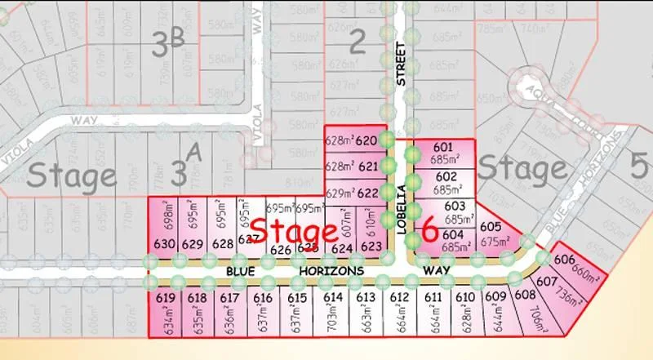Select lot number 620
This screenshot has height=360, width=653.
pyautogui.click(x=366, y=141)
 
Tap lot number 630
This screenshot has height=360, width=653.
pyautogui.click(x=164, y=244)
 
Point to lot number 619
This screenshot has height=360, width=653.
pyautogui.click(x=163, y=297)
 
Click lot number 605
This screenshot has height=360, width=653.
pyautogui.click(x=491, y=227)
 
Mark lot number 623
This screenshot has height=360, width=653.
pyautogui.click(x=371, y=246)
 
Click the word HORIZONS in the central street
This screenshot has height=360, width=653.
pyautogui.click(x=330, y=270)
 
